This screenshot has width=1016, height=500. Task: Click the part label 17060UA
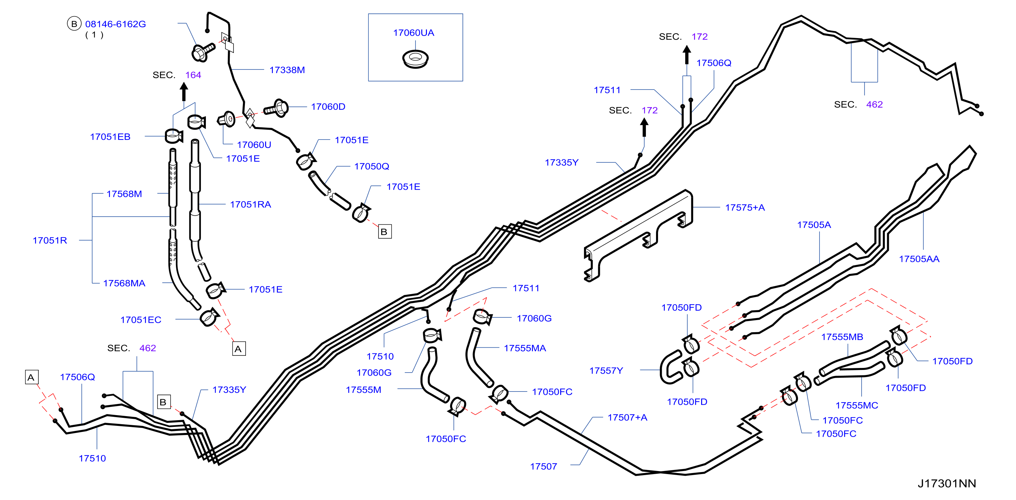[413, 33]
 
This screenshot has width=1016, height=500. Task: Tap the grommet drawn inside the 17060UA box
[415, 59]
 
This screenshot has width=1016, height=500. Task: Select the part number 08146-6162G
[116, 24]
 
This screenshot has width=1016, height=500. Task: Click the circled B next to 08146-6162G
[74, 24]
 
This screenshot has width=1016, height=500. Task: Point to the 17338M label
[287, 70]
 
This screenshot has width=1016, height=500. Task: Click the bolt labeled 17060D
[277, 108]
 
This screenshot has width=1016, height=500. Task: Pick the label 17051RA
[250, 205]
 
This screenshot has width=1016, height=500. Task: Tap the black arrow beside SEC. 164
[184, 92]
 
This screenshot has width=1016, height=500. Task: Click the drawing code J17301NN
[947, 483]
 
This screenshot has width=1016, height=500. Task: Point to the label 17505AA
[919, 259]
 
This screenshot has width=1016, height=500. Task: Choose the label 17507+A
[627, 417]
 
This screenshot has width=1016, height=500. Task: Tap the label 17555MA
[524, 348]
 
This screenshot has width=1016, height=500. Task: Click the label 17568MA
[124, 283]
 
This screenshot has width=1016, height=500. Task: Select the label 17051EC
[141, 320]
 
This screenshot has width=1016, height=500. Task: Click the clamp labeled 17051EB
[174, 136]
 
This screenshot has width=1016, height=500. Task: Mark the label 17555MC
[857, 406]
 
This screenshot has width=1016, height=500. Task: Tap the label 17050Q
[371, 166]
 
